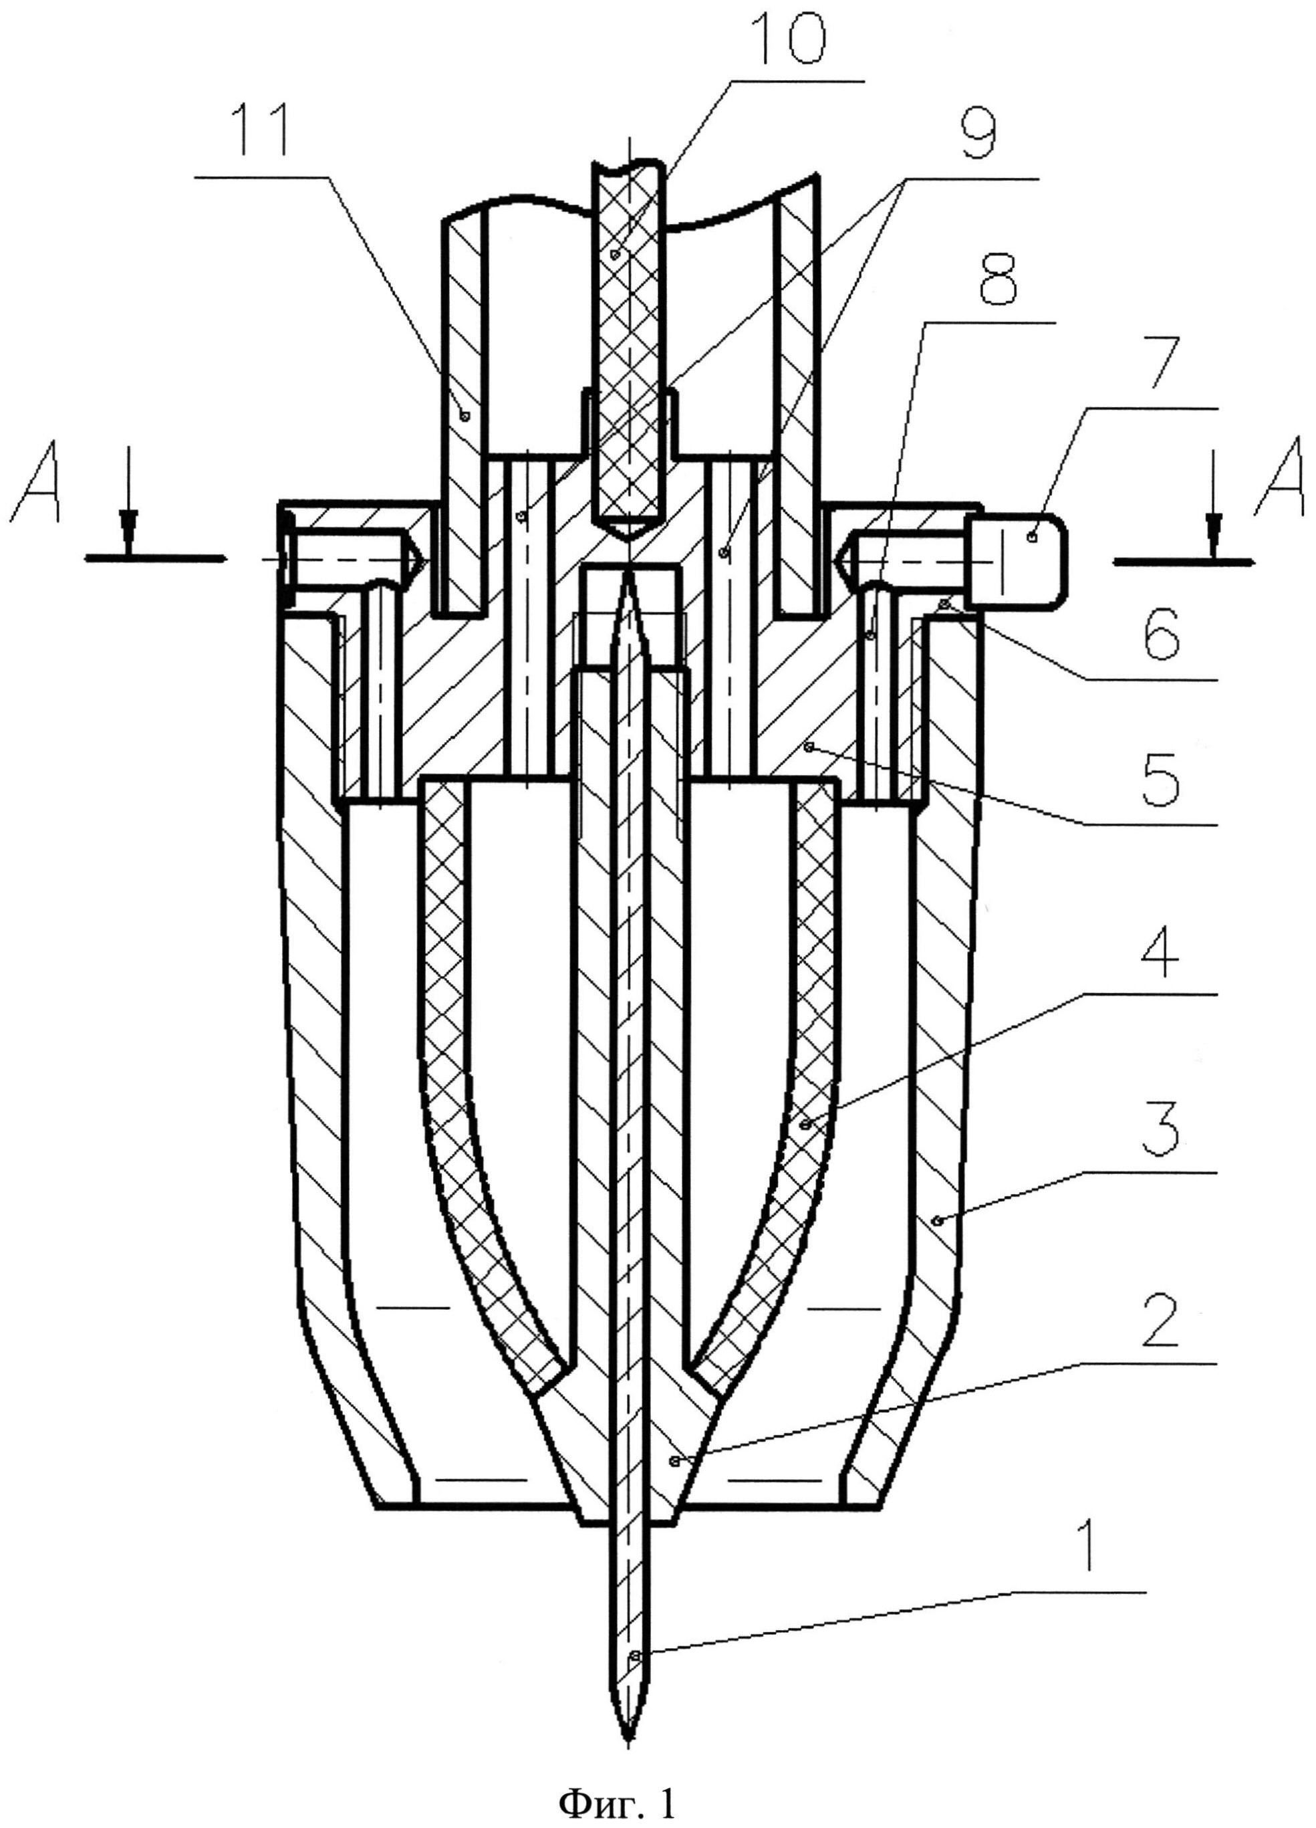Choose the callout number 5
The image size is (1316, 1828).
click(x=1160, y=778)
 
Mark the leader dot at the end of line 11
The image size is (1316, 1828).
click(x=465, y=416)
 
